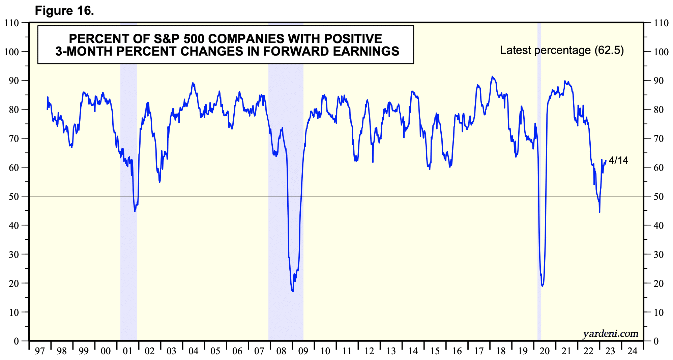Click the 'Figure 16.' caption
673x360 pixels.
(x=64, y=11)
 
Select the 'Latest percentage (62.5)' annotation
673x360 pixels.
(x=561, y=50)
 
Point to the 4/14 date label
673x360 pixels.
(x=618, y=160)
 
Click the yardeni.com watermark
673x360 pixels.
(x=610, y=334)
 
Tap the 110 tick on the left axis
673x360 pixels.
(x=11, y=23)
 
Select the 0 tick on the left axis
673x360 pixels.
(x=16, y=341)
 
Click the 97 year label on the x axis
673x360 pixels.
(x=40, y=351)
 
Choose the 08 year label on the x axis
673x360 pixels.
(x=281, y=351)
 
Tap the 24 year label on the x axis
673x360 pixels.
(x=632, y=351)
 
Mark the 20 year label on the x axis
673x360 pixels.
(x=545, y=351)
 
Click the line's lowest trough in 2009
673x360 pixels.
(x=293, y=291)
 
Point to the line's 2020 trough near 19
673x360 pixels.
(x=542, y=286)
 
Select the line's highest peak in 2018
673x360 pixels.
(x=492, y=77)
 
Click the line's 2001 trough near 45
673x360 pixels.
(x=135, y=211)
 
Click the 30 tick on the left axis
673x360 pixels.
(x=14, y=254)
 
